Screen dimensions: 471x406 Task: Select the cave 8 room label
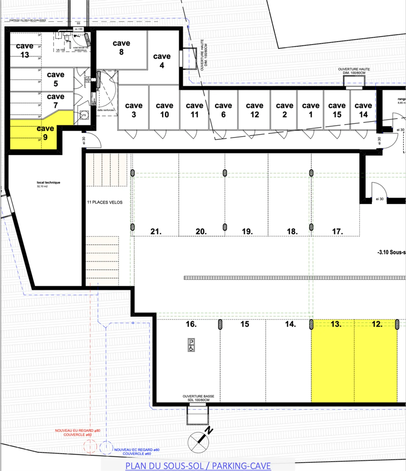[121, 47]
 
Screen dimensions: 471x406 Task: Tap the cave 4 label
[162, 61]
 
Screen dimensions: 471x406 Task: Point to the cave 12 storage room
[254, 110]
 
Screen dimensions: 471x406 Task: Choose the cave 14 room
[363, 110]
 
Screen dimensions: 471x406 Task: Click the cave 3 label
[134, 110]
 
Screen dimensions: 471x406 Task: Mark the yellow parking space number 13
[333, 361]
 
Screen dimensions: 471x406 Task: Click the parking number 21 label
[156, 232]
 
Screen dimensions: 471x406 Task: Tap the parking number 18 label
[292, 232]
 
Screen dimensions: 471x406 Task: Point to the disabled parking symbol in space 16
[191, 345]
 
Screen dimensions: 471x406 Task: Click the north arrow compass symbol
[199, 442]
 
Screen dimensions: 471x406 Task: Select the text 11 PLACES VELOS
[105, 202]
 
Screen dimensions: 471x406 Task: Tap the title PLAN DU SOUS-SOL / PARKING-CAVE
[198, 466]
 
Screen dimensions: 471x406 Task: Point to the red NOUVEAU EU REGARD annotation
[78, 433]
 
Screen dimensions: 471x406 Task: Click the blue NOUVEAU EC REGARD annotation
[137, 452]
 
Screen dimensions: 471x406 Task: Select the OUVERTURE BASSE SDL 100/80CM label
[198, 398]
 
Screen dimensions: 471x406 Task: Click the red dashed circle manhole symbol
[90, 446]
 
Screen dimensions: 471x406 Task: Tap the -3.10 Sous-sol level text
[391, 252]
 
